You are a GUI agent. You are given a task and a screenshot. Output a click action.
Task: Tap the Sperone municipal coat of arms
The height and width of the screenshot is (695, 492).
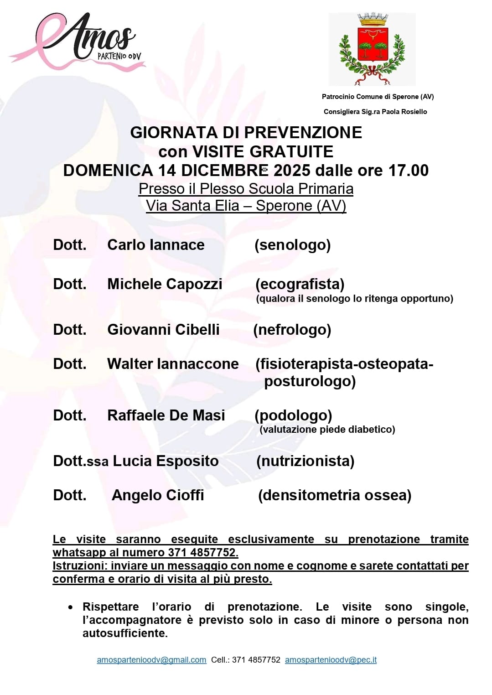click(372, 49)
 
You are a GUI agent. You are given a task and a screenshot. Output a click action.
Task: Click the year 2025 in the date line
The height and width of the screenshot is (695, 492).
click(292, 171)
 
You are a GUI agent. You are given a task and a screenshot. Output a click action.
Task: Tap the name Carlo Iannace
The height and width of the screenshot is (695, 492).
click(156, 245)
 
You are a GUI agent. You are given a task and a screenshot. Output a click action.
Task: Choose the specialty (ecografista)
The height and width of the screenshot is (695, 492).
click(300, 284)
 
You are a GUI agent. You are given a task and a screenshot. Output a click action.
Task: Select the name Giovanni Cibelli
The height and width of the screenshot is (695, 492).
click(163, 330)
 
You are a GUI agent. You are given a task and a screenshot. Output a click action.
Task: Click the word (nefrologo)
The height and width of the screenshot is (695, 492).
click(292, 330)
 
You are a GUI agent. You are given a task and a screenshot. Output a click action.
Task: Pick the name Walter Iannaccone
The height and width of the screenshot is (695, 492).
click(173, 364)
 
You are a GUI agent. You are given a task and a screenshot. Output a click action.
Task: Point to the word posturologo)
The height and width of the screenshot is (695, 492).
click(310, 381)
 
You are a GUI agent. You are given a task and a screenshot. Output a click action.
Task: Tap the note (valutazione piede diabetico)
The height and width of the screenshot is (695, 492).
click(327, 430)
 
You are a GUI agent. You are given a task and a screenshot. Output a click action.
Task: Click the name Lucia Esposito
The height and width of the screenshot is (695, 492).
click(166, 461)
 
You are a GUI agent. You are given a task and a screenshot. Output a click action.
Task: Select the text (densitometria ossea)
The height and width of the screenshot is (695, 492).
click(335, 495)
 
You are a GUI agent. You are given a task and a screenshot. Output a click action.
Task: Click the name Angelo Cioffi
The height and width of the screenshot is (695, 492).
click(158, 495)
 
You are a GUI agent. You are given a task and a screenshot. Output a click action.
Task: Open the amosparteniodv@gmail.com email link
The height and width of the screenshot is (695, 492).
click(151, 660)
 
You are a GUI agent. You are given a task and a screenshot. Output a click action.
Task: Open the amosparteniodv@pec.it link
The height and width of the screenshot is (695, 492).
click(331, 660)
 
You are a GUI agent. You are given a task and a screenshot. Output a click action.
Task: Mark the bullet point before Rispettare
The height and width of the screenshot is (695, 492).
click(70, 607)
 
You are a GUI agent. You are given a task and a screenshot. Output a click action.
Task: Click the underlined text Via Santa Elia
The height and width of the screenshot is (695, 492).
click(192, 206)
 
